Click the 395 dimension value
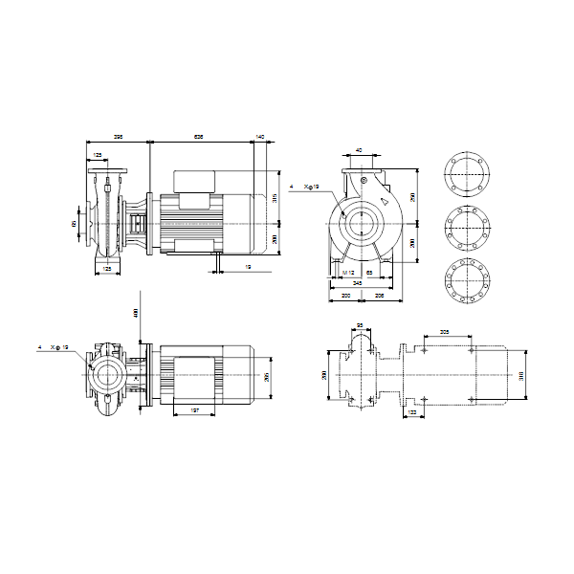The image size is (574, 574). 117,137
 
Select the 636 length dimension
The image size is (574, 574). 199,137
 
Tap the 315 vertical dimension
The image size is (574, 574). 274,199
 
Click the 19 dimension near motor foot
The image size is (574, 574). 248,267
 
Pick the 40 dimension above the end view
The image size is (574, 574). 359,150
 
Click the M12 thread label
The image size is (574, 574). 348,274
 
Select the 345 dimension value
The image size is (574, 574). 358,284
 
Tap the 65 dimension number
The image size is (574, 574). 369,274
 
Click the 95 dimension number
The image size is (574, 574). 360,326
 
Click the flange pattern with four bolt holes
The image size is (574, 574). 469,178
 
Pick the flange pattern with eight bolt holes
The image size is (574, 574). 469,229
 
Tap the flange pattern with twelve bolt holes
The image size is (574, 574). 469,279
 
